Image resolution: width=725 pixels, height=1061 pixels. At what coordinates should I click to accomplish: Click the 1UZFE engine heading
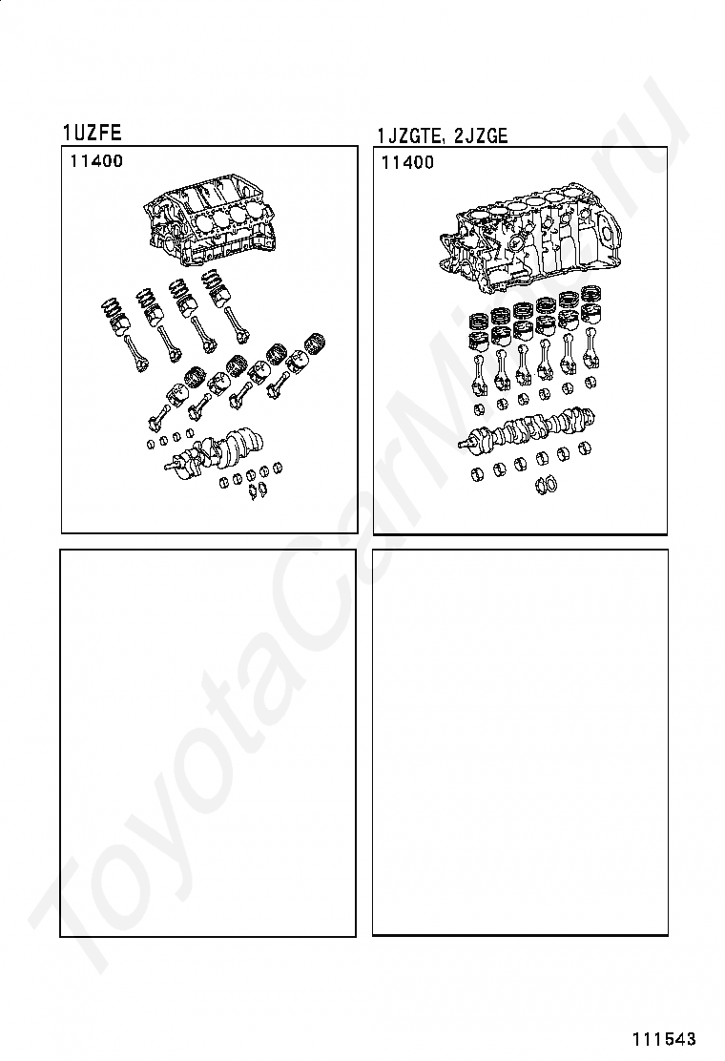coord(92,133)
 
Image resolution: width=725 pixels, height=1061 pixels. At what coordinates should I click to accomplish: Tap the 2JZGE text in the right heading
coord(480,136)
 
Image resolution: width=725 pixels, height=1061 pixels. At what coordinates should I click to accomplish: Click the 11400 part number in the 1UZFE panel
coord(96,161)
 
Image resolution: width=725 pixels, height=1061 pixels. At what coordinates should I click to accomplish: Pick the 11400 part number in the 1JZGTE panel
coord(408,162)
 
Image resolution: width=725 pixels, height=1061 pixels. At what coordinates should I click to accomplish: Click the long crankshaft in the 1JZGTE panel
coord(528,429)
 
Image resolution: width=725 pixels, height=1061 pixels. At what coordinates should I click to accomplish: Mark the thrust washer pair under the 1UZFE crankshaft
coord(258,489)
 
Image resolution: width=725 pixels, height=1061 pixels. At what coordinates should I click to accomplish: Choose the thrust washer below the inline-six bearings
coord(546,484)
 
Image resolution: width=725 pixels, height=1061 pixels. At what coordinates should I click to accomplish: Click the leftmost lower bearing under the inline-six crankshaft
coord(478,473)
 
